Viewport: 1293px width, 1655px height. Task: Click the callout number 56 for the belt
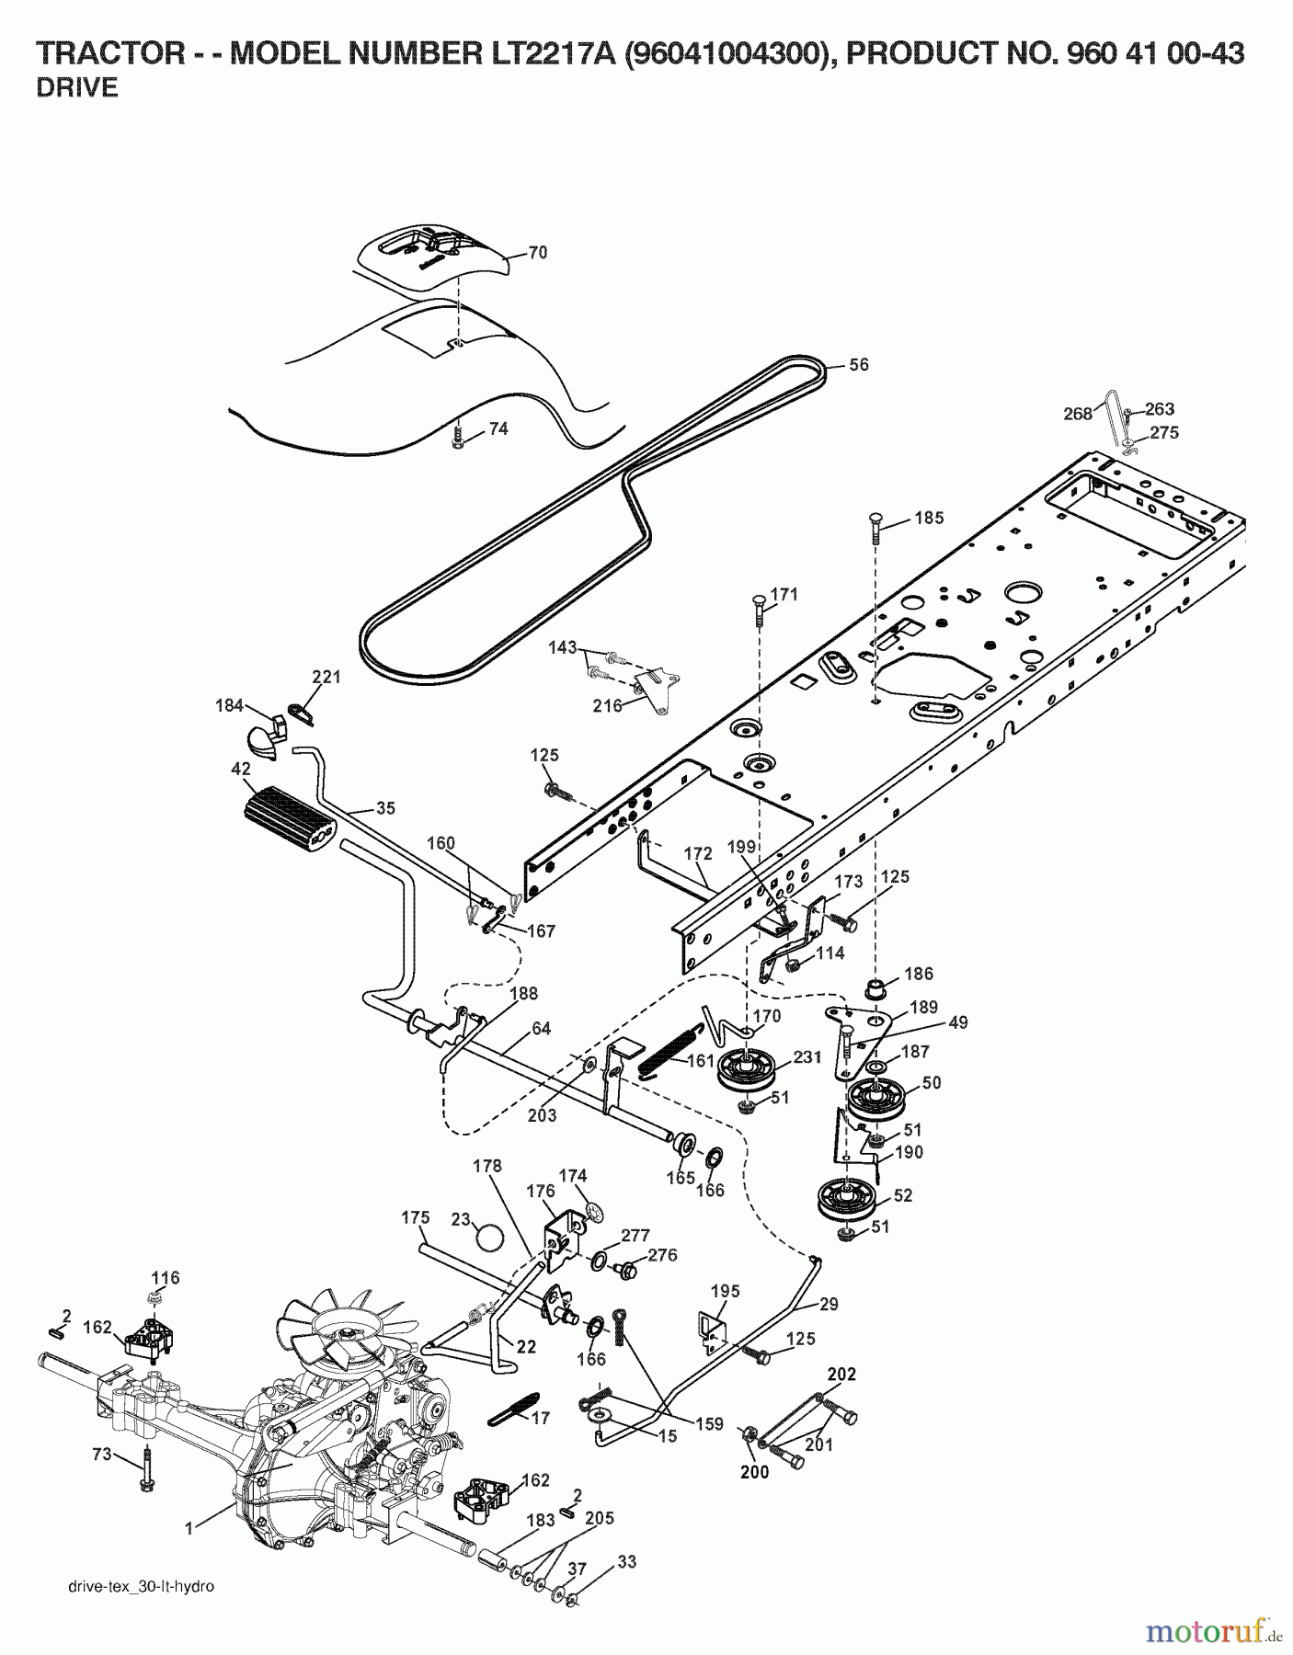coord(857,364)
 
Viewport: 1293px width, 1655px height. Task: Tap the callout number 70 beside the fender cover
coord(537,252)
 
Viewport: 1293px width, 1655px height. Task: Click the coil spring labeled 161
coord(668,1048)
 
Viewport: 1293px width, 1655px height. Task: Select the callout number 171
coord(784,594)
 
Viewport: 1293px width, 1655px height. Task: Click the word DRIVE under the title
coord(77,89)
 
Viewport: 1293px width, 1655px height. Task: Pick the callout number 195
coord(725,1292)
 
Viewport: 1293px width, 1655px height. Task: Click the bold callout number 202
coord(841,1374)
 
